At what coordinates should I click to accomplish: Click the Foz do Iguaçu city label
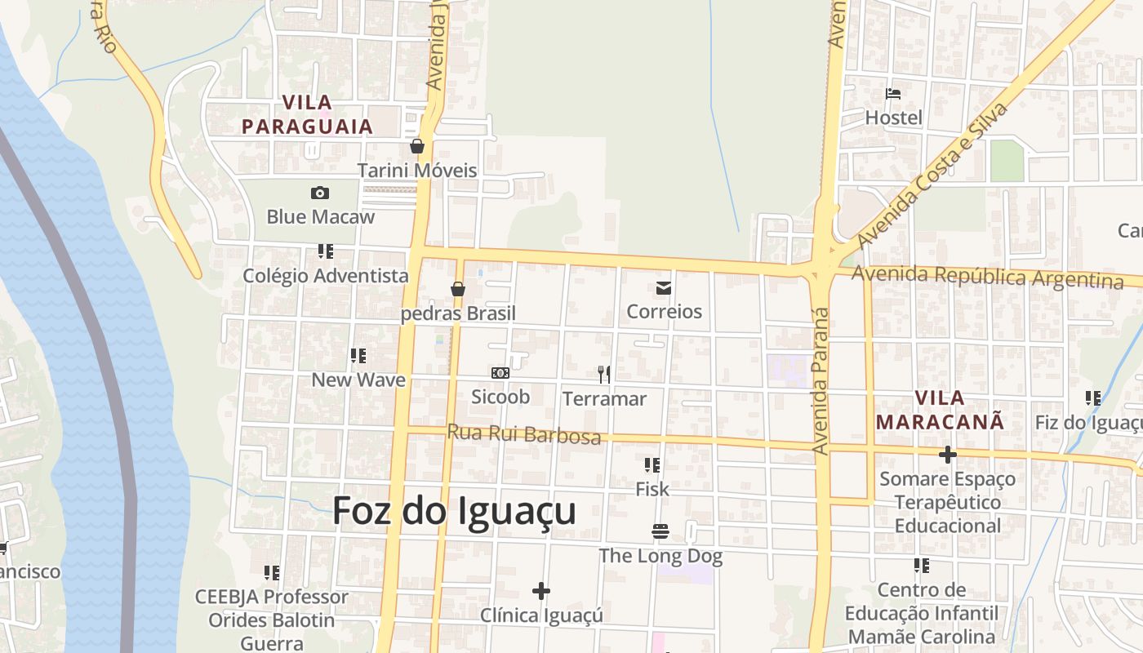(454, 512)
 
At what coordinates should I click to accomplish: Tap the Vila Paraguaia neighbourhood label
(308, 114)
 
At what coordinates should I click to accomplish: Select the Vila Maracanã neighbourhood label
(939, 410)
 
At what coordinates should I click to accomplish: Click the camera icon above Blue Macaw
(320, 193)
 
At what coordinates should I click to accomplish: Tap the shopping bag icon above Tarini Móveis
(417, 146)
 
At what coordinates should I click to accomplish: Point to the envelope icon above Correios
(664, 287)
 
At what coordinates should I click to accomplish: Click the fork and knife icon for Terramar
(604, 374)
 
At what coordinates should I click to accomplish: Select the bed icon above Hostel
(893, 94)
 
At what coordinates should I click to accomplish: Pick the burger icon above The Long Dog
(660, 531)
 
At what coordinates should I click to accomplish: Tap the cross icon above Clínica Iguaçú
(540, 590)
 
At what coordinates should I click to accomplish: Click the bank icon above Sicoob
(500, 373)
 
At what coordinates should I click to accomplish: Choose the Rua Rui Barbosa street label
(523, 434)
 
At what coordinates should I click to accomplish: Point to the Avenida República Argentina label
(987, 277)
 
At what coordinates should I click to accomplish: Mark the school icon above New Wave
(358, 356)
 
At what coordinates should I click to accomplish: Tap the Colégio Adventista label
(326, 276)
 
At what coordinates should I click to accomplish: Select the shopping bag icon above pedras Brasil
(458, 289)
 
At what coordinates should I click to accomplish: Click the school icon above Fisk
(652, 465)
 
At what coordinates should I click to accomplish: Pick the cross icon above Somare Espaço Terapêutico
(947, 454)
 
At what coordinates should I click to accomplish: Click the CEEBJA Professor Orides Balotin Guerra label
(272, 620)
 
